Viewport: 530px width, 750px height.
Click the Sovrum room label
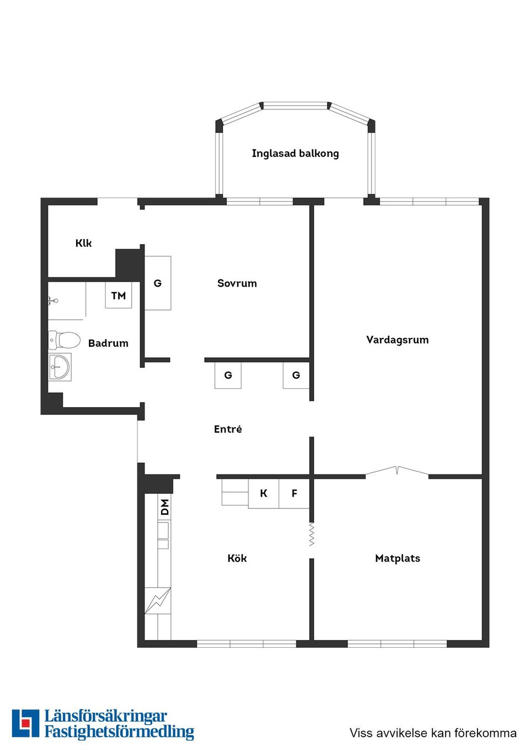tap(237, 283)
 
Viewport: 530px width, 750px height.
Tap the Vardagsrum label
tap(397, 340)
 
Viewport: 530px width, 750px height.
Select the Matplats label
tap(397, 558)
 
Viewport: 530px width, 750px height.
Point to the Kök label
tap(237, 558)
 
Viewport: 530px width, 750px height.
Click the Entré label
tap(228, 429)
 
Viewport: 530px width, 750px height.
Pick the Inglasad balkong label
tap(295, 154)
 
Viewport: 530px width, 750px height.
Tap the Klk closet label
tap(83, 243)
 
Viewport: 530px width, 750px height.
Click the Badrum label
tap(108, 343)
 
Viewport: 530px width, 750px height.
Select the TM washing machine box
tap(119, 295)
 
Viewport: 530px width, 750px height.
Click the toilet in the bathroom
tap(64, 340)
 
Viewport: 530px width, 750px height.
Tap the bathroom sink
tap(60, 367)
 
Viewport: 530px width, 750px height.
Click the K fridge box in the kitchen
tap(264, 493)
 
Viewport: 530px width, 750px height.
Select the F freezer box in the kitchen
tap(294, 493)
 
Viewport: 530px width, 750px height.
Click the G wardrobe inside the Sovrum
tap(157, 283)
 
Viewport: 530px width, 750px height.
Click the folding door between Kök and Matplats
tap(311, 535)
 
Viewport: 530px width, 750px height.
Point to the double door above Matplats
tap(397, 470)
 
